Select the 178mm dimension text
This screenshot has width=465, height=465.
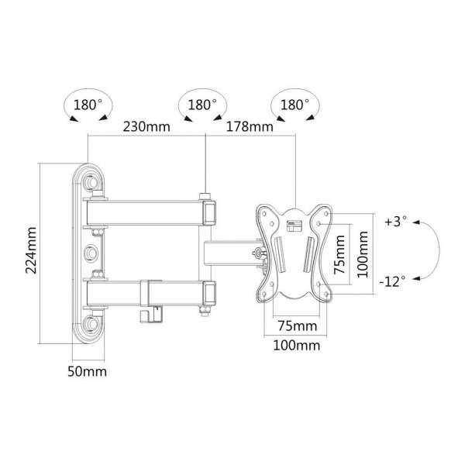coord(250,127)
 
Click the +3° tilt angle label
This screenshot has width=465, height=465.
coord(394,222)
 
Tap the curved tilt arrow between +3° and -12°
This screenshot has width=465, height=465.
coord(436,250)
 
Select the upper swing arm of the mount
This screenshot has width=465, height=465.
coord(147,210)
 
